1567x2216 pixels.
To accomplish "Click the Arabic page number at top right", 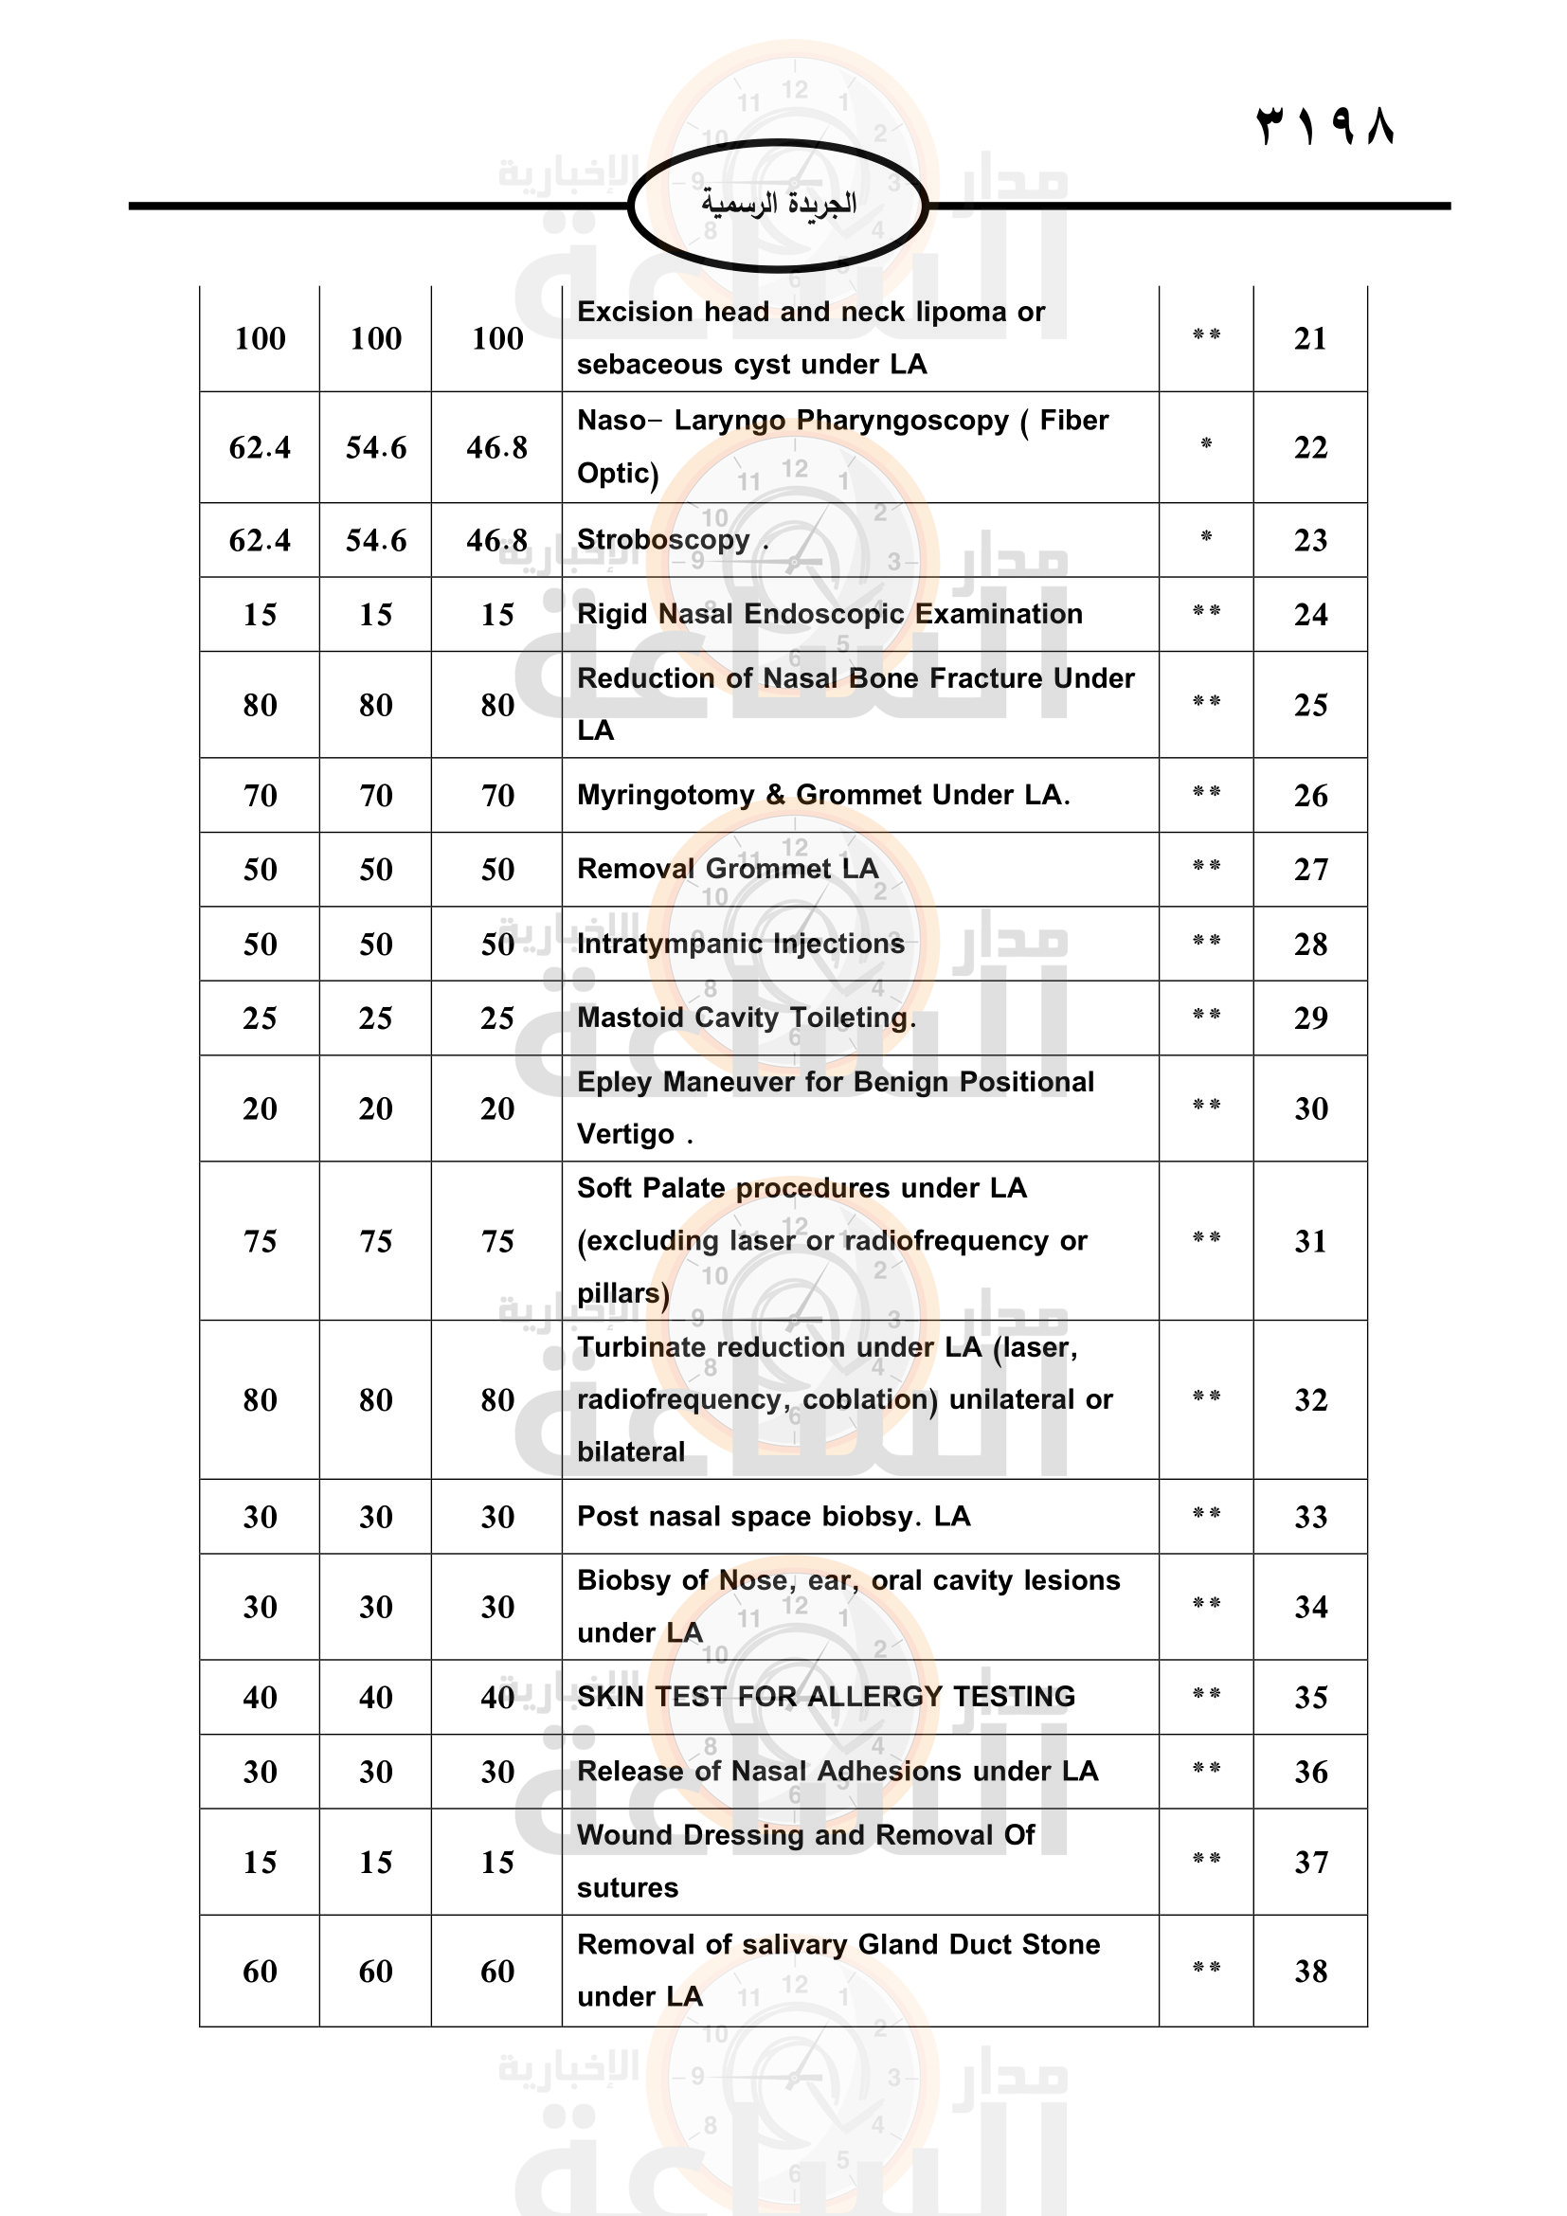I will click(x=1324, y=126).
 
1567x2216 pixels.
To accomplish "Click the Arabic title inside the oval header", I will click(x=779, y=204).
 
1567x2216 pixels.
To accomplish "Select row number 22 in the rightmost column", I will click(x=1310, y=448).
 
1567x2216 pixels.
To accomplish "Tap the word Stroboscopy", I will click(x=663, y=540).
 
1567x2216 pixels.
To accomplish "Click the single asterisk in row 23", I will click(x=1206, y=536).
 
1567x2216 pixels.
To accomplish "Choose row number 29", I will click(x=1310, y=1018).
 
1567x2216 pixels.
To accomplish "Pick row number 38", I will click(x=1310, y=1971).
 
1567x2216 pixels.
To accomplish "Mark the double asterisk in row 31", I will click(x=1206, y=1237).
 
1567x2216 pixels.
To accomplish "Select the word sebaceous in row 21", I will click(x=641, y=365).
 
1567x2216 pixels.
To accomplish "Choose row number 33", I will click(x=1310, y=1517).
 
